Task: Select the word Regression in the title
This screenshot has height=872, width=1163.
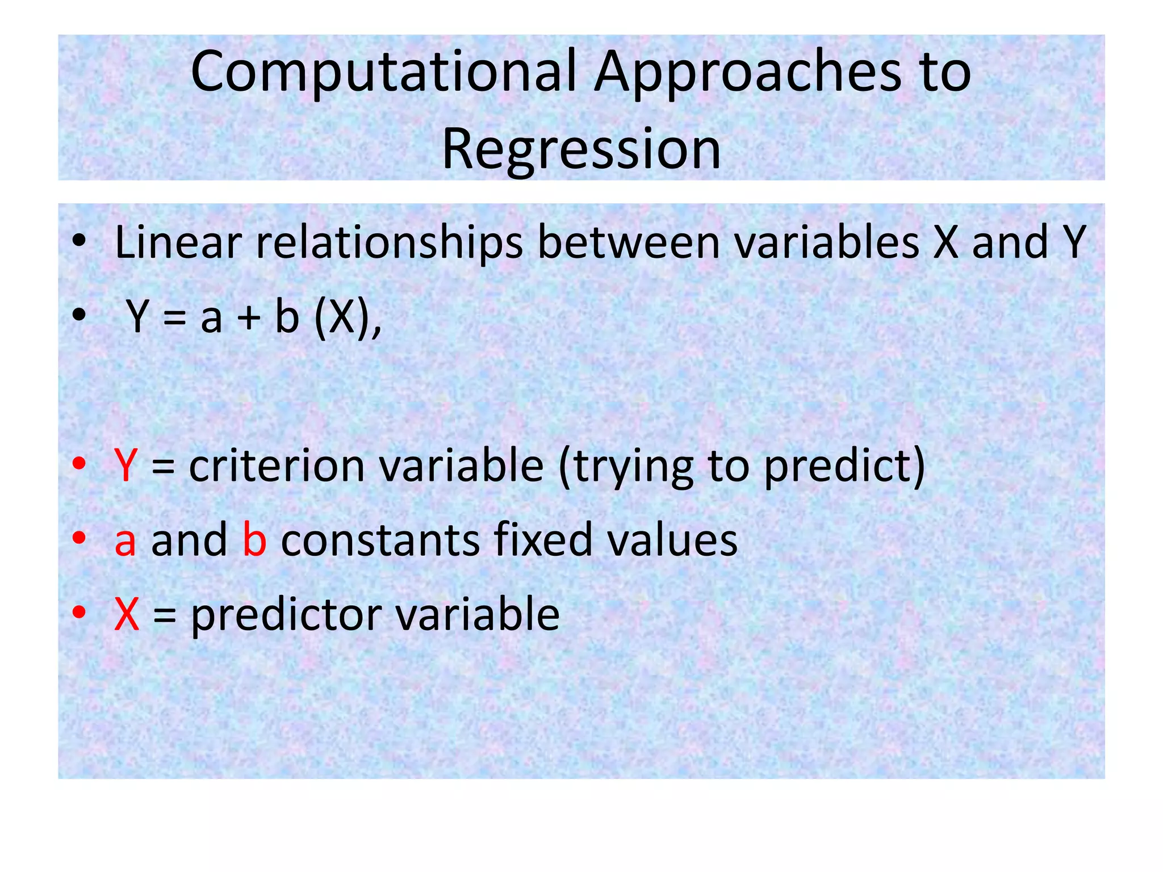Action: point(581,149)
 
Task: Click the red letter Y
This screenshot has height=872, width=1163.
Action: point(125,466)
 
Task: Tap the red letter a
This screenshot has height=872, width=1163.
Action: point(125,541)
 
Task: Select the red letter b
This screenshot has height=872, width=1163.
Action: point(254,539)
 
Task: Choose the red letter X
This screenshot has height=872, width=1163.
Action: point(127,614)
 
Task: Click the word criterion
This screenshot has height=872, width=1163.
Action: point(277,466)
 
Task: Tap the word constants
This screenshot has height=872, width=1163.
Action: point(380,540)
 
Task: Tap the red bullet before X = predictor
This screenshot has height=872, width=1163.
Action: point(79,613)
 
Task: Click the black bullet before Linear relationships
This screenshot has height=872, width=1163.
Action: point(79,241)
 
